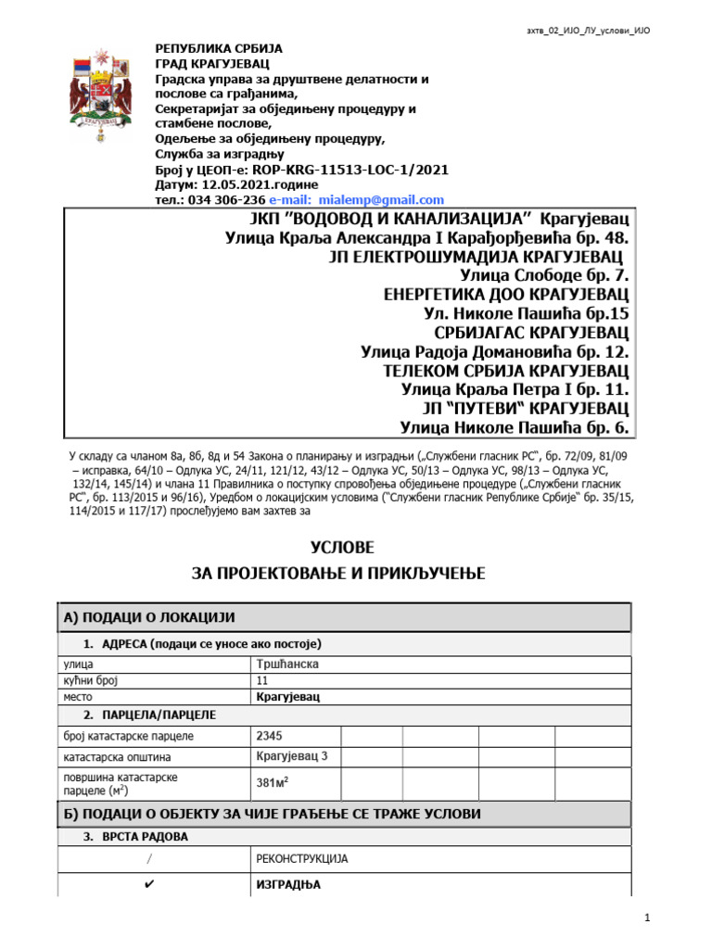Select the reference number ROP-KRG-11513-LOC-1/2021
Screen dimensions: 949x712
[x=352, y=170]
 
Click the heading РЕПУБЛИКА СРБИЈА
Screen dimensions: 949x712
[x=219, y=48]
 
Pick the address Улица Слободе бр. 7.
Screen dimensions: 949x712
[x=544, y=275]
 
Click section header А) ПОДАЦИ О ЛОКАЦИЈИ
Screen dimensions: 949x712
[x=149, y=617]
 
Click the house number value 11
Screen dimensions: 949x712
[x=261, y=679]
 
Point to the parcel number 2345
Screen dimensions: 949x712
[x=270, y=736]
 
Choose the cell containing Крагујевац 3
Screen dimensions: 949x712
[x=291, y=757]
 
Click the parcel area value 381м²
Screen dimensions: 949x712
[x=273, y=783]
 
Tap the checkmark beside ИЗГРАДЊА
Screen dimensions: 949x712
[x=152, y=885]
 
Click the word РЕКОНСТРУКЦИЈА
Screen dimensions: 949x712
[x=301, y=859]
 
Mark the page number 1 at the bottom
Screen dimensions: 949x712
[x=650, y=917]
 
